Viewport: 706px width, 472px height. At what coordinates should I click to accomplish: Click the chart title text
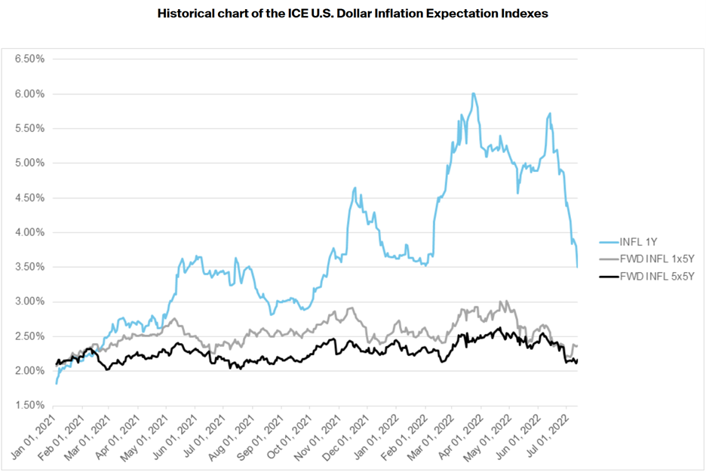pos(352,14)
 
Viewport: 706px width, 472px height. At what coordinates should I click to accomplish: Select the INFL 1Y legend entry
pos(638,242)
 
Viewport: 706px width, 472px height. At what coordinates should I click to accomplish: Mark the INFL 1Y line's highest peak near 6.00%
pos(473,93)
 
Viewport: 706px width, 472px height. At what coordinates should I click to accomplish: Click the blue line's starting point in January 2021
pos(56,384)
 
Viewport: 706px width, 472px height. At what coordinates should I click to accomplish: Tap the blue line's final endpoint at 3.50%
pos(577,267)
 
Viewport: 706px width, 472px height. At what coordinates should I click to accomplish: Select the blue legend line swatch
pos(606,242)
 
